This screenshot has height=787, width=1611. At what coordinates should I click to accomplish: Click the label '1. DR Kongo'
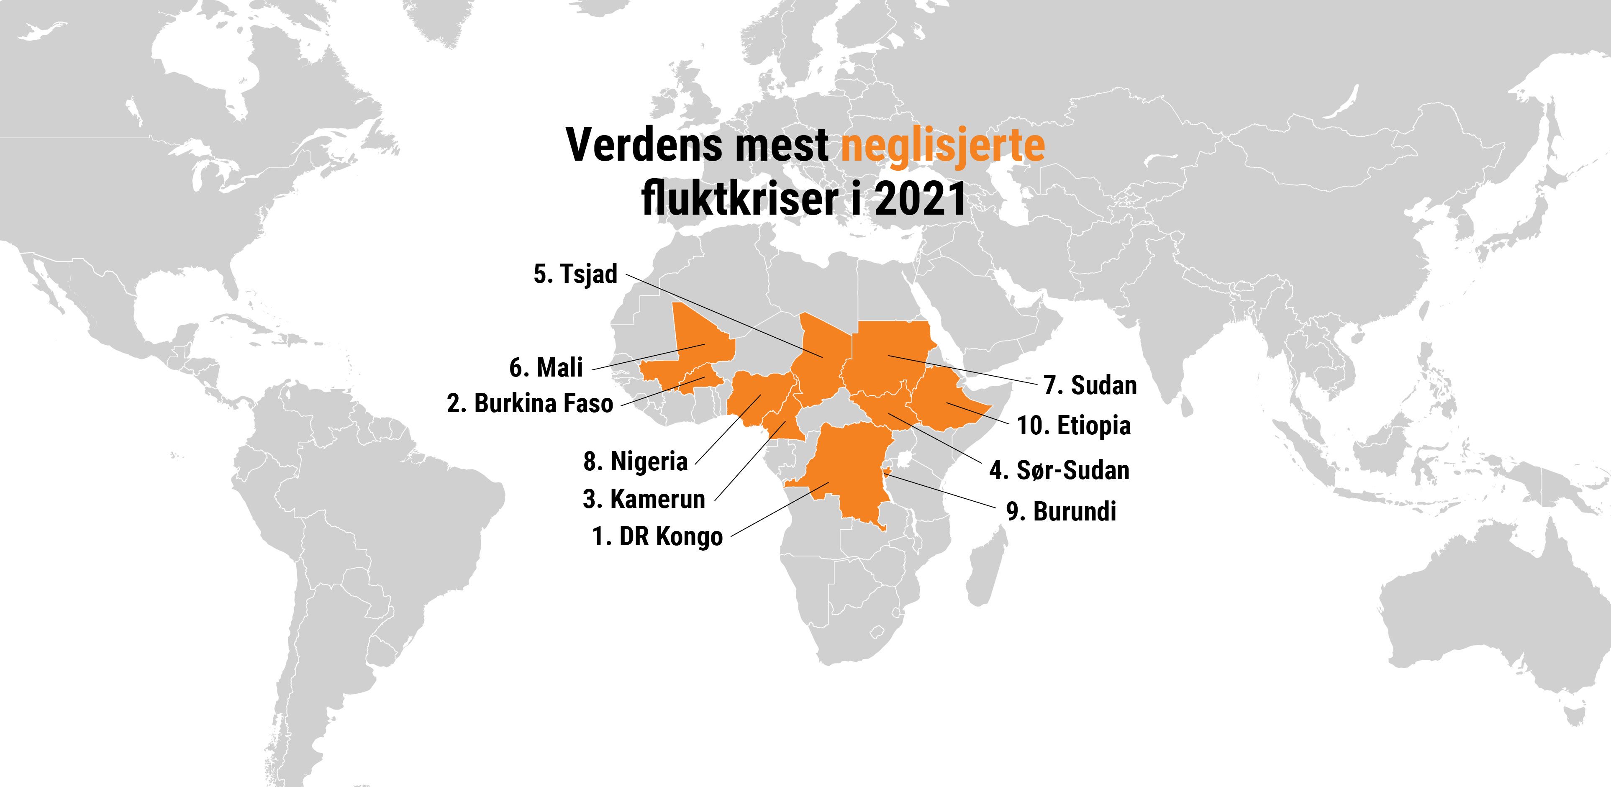pyautogui.click(x=657, y=536)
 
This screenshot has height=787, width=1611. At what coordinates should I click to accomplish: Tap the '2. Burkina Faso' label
pyautogui.click(x=530, y=404)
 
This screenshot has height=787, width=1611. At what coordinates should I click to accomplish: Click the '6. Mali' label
pyautogui.click(x=546, y=367)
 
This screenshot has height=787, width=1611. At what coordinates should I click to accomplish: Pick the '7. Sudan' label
pyautogui.click(x=1090, y=385)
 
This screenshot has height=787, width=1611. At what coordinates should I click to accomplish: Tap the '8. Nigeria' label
pyautogui.click(x=635, y=461)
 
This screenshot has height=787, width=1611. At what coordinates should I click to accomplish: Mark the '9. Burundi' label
pyautogui.click(x=1061, y=511)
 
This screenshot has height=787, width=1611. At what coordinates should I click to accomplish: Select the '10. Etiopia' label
pyautogui.click(x=1073, y=426)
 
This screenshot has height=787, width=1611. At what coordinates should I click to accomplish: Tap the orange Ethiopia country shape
pyautogui.click(x=944, y=400)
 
